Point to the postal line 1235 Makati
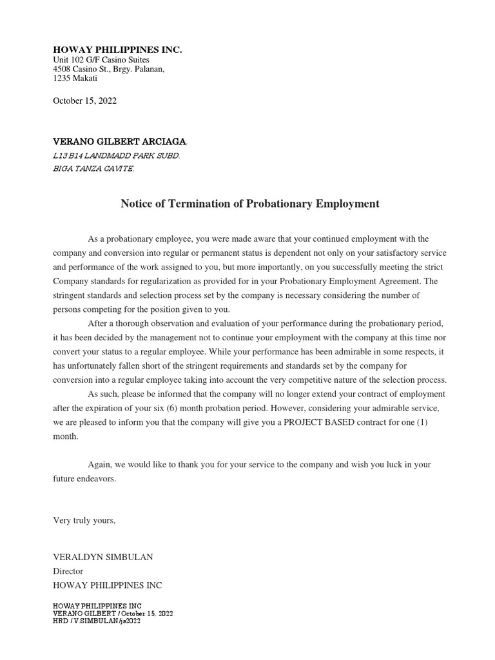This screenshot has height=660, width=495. click(75, 78)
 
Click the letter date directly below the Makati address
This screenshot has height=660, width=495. click(84, 101)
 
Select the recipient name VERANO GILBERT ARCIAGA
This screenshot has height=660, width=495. click(119, 141)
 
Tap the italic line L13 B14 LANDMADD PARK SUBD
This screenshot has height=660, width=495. click(116, 156)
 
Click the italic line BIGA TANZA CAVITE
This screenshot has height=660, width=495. click(93, 169)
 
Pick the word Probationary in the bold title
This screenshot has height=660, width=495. click(275, 204)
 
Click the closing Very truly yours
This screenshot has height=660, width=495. click(84, 520)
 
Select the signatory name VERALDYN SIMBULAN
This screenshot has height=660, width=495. click(102, 557)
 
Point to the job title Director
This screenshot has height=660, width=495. click(68, 571)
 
